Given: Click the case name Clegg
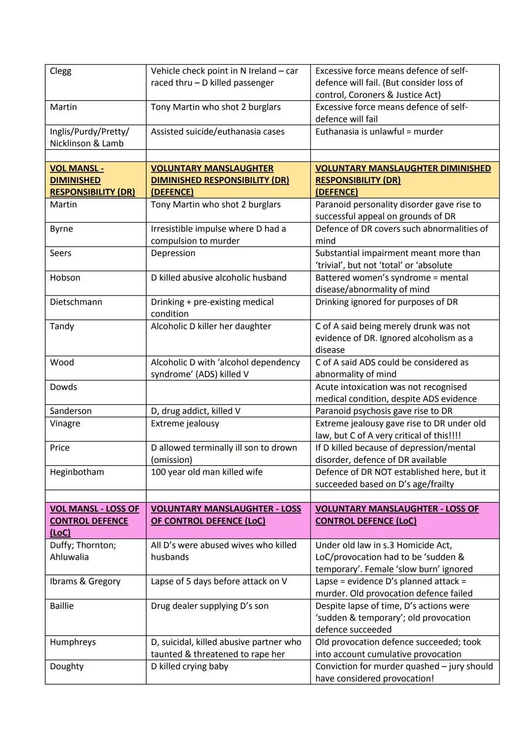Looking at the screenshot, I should (60, 71).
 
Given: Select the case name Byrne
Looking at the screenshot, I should (61, 229).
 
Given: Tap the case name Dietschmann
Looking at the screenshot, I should (76, 302).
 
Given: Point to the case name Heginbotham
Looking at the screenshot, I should (77, 472).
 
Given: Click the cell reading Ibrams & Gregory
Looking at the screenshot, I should (85, 581).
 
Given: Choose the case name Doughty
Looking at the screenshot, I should (67, 667).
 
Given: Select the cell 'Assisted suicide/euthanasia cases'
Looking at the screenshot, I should (217, 131).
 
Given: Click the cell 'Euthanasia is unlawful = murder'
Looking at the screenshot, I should (379, 131).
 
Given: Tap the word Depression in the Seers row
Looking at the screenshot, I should (173, 253).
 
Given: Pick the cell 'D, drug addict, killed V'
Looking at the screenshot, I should (195, 411).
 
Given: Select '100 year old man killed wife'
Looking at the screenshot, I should (207, 472).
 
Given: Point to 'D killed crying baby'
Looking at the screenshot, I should (189, 667).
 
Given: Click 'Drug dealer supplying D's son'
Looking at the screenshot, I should (210, 606).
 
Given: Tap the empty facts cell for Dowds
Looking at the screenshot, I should (228, 392).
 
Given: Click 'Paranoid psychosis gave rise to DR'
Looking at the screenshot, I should (384, 411).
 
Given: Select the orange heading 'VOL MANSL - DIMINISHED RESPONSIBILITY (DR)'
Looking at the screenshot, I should (92, 180).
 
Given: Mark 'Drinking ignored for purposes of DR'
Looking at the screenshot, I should (386, 302).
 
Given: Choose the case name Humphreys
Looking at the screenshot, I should (73, 642).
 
